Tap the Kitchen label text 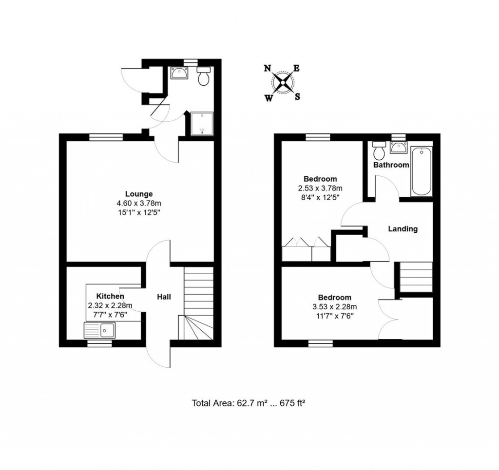[x=110, y=296]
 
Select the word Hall [x=164, y=296]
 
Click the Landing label [x=403, y=229]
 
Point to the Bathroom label [x=391, y=165]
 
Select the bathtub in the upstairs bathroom [x=422, y=171]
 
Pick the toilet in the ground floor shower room [x=204, y=76]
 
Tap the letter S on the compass [x=297, y=96]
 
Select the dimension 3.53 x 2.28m [x=334, y=307]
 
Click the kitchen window [x=99, y=343]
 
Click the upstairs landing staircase [x=416, y=277]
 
